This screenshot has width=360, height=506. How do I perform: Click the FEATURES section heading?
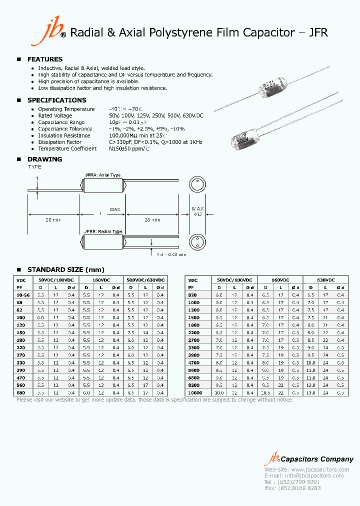pyautogui.click(x=44, y=59)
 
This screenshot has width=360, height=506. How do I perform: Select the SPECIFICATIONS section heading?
pyautogui.click(x=56, y=100)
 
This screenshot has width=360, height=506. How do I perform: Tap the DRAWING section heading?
pyautogui.click(x=44, y=159)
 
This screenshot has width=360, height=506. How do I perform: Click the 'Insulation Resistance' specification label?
pyautogui.click(x=64, y=135)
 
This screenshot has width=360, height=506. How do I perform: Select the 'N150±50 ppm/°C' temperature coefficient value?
pyautogui.click(x=129, y=148)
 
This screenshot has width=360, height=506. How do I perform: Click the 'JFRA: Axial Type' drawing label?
pyautogui.click(x=102, y=175)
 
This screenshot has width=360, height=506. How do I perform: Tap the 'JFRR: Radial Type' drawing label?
pyautogui.click(x=103, y=231)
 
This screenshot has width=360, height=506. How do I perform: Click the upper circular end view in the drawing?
pyautogui.click(x=196, y=185)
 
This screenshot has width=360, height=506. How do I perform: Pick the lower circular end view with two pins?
pyautogui.click(x=196, y=242)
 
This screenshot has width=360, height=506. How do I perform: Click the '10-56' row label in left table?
pyautogui.click(x=23, y=295)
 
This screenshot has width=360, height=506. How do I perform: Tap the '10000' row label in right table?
pyautogui.click(x=194, y=393)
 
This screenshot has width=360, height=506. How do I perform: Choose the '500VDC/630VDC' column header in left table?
pyautogui.click(x=146, y=280)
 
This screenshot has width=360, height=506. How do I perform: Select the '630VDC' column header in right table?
pyautogui.click(x=325, y=280)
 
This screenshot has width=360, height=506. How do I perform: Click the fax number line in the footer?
pyautogui.click(x=292, y=488)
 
